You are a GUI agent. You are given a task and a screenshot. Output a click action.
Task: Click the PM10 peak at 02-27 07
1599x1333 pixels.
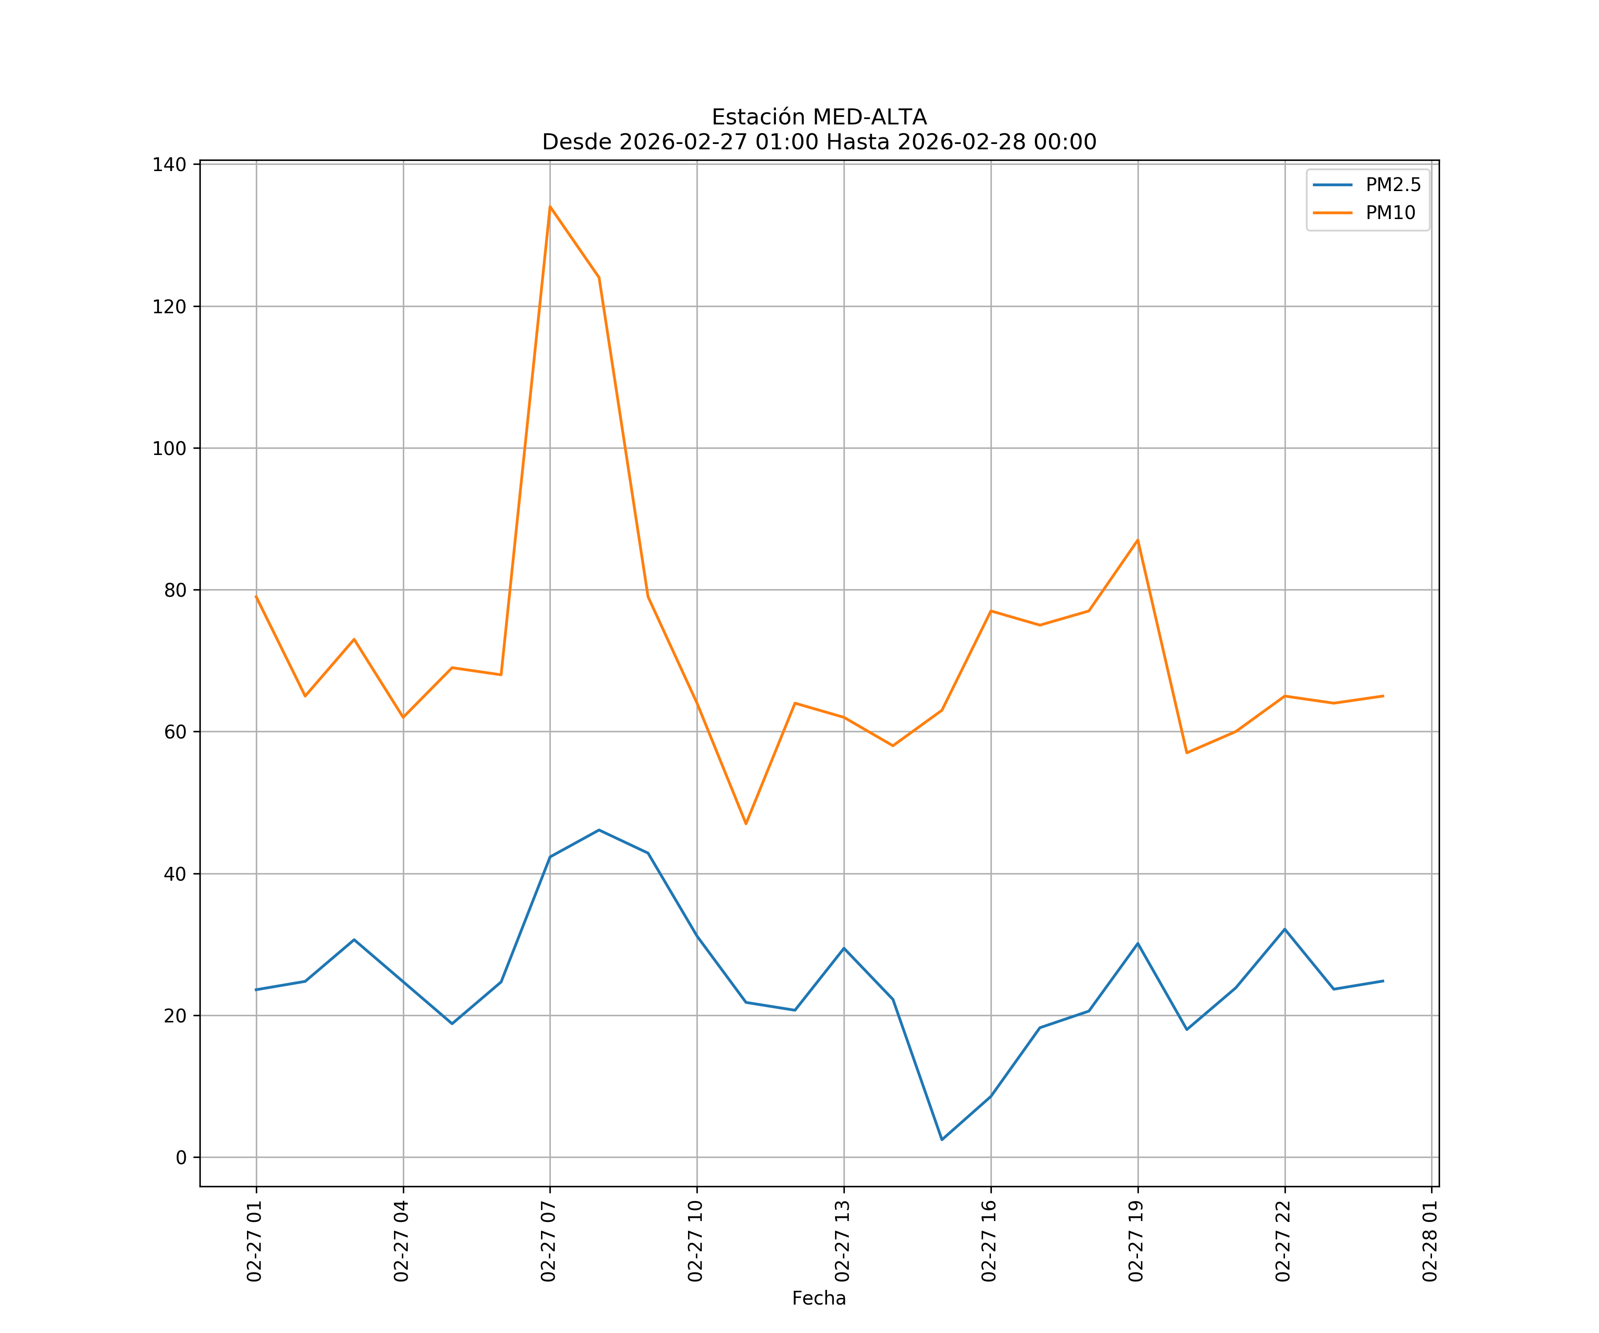pyautogui.click(x=550, y=207)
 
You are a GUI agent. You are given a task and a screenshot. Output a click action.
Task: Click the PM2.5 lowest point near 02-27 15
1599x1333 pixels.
pyautogui.click(x=942, y=1140)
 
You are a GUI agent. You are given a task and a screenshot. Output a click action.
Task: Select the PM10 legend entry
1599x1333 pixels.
pyautogui.click(x=1390, y=213)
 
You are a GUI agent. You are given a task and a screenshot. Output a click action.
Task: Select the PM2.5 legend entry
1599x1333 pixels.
pyautogui.click(x=1392, y=185)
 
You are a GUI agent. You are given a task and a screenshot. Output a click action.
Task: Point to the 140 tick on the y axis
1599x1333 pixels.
pyautogui.click(x=169, y=164)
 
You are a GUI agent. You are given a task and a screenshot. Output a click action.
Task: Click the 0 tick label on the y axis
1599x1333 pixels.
pyautogui.click(x=180, y=1158)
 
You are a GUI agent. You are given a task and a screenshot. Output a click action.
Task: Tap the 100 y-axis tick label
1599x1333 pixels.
pyautogui.click(x=169, y=449)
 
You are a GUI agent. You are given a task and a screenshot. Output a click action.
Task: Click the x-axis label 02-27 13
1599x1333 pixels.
pyautogui.click(x=842, y=1241)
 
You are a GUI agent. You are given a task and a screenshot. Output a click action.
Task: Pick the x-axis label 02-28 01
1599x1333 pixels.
pyautogui.click(x=1430, y=1241)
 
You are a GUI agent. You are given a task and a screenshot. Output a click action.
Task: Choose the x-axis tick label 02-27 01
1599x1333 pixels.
pyautogui.click(x=255, y=1241)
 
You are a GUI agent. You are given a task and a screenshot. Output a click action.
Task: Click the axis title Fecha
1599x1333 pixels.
pyautogui.click(x=819, y=1298)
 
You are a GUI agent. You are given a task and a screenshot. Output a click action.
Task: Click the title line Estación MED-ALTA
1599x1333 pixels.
pyautogui.click(x=819, y=117)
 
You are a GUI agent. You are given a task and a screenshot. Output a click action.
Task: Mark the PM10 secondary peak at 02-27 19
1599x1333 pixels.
pyautogui.click(x=1138, y=540)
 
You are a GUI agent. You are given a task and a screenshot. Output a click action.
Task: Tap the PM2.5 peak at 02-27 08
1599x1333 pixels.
pyautogui.click(x=598, y=830)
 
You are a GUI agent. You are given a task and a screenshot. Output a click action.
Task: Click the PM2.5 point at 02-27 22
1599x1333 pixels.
pyautogui.click(x=1285, y=929)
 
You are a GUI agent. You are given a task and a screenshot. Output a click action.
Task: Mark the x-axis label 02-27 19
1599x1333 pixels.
pyautogui.click(x=1136, y=1241)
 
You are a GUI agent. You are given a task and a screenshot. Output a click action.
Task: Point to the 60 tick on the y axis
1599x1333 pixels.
pyautogui.click(x=175, y=732)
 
